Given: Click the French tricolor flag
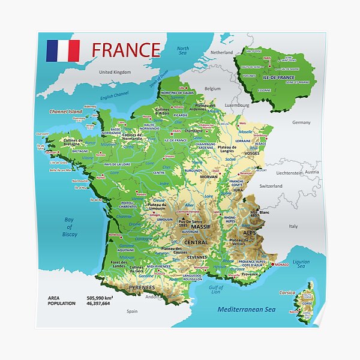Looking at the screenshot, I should click(63, 51).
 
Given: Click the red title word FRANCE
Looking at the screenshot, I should click(126, 49).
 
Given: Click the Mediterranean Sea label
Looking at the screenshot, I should click(246, 310).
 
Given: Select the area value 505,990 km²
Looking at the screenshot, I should click(101, 298).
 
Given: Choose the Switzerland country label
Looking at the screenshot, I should click(271, 186).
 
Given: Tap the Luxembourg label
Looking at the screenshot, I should click(236, 104).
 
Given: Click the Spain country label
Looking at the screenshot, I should click(132, 311).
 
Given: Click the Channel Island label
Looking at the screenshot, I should click(65, 112).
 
